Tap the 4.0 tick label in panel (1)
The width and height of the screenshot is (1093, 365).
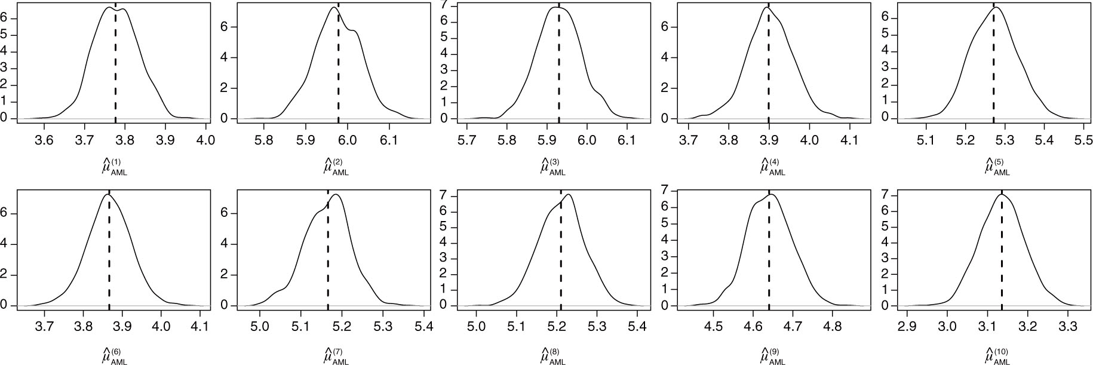click(205, 142)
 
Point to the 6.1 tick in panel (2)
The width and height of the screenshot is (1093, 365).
click(389, 142)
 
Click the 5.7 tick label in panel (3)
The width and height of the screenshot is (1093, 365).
click(467, 142)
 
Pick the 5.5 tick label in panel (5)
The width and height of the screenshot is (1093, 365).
click(1083, 142)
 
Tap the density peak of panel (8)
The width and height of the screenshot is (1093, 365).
click(568, 195)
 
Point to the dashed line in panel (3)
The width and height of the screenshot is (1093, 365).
click(558, 66)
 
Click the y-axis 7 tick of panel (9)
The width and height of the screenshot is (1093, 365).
click(671, 191)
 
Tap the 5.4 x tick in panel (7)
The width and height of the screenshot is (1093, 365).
click(423, 329)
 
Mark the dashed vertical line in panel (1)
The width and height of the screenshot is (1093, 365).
click(115, 66)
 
